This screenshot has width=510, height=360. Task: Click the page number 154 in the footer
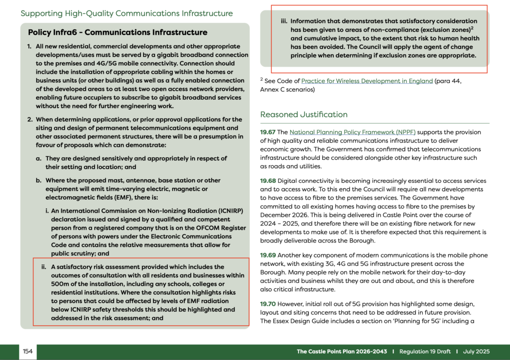point(28,352)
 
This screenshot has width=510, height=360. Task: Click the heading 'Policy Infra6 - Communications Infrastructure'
point(118,33)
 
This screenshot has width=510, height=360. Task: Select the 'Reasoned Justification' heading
point(304,115)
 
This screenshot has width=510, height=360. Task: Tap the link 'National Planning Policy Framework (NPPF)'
point(352,132)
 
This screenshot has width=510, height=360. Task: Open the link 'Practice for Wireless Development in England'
point(367,81)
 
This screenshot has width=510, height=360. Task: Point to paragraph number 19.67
point(267,132)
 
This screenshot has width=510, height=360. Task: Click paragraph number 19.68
point(268,181)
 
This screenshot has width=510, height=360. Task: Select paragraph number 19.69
point(268,255)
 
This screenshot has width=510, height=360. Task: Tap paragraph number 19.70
point(268,304)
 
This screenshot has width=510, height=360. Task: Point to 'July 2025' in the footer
point(476,352)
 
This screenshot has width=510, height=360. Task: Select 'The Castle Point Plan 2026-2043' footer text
point(342,352)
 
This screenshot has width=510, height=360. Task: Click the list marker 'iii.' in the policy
point(284,21)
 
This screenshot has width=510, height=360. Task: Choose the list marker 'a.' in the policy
point(39,158)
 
